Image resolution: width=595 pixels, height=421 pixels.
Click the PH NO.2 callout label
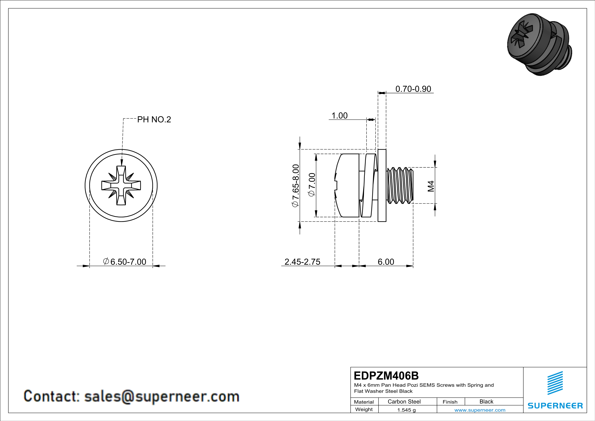pyautogui.click(x=154, y=120)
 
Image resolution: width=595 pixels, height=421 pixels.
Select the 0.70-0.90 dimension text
pyautogui.click(x=413, y=89)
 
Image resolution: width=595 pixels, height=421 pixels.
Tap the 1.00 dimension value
pyautogui.click(x=339, y=116)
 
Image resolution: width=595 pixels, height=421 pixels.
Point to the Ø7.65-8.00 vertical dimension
pyautogui.click(x=296, y=186)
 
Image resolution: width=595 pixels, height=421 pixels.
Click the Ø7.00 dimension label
pyautogui.click(x=312, y=185)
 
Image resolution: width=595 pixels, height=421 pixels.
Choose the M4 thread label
pyautogui.click(x=431, y=186)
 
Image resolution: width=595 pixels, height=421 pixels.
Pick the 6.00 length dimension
pyautogui.click(x=386, y=262)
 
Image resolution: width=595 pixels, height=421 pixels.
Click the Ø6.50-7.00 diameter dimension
pyautogui.click(x=125, y=262)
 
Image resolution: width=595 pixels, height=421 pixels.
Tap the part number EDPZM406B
pyautogui.click(x=386, y=376)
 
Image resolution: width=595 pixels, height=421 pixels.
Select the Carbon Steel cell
pyautogui.click(x=404, y=401)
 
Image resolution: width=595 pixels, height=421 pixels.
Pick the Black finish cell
pyautogui.click(x=486, y=401)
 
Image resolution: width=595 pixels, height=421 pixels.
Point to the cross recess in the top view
pyautogui.click(x=121, y=186)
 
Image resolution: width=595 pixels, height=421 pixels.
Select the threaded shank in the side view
pyautogui.click(x=400, y=186)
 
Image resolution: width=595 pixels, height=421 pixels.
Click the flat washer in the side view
pyautogui.click(x=382, y=186)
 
